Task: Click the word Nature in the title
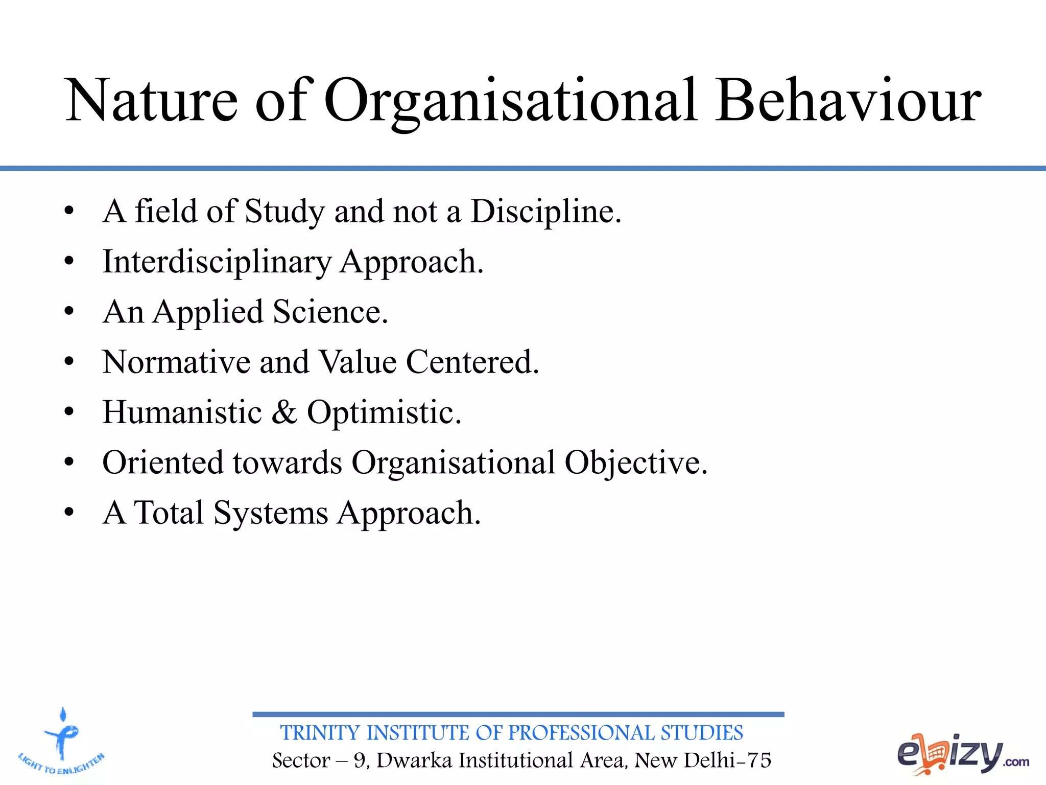click(x=152, y=100)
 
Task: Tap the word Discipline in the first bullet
click(x=545, y=211)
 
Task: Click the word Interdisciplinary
click(x=217, y=262)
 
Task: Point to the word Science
click(x=330, y=312)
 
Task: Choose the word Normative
click(x=176, y=362)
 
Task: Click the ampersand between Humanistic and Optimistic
click(x=284, y=412)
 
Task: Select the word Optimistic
click(x=384, y=412)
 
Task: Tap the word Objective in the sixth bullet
click(x=635, y=463)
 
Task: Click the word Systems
click(x=271, y=513)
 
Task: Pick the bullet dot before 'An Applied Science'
click(x=69, y=311)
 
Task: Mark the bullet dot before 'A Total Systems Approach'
click(x=69, y=512)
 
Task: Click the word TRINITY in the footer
click(x=320, y=733)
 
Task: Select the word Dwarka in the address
click(x=414, y=760)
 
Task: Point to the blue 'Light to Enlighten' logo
click(x=61, y=742)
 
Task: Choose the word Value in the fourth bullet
click(x=358, y=362)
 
